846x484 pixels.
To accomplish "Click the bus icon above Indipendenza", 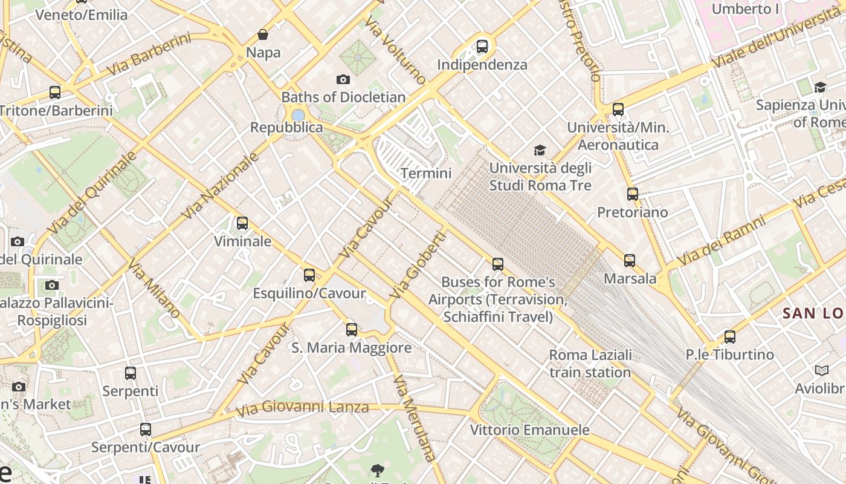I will point(482,46).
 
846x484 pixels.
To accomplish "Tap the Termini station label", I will point(426,174).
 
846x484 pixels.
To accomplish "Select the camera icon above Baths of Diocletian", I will point(343,79).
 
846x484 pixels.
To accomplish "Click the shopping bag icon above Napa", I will point(263,34).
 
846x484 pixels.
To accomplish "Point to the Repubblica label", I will point(286,128).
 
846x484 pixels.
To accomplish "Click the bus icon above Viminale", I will point(242,223).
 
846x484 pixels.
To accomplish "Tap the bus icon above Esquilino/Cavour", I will point(309,275).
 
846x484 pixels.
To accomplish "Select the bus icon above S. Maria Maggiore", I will point(352,330).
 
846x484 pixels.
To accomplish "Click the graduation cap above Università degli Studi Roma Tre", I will point(540,150).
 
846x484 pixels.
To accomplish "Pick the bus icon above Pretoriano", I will point(633,194).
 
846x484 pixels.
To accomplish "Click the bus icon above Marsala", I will point(630,261).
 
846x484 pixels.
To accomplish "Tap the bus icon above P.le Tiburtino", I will point(730,337).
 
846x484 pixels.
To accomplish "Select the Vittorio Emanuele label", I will point(530,430).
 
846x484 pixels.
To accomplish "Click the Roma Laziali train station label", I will point(590,364).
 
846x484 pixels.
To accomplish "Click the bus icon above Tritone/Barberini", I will point(55,93).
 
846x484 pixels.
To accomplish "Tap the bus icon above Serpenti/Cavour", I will point(146,430).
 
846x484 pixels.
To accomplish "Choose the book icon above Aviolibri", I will point(821,370).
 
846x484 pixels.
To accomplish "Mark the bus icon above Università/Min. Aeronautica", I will point(618,110).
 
